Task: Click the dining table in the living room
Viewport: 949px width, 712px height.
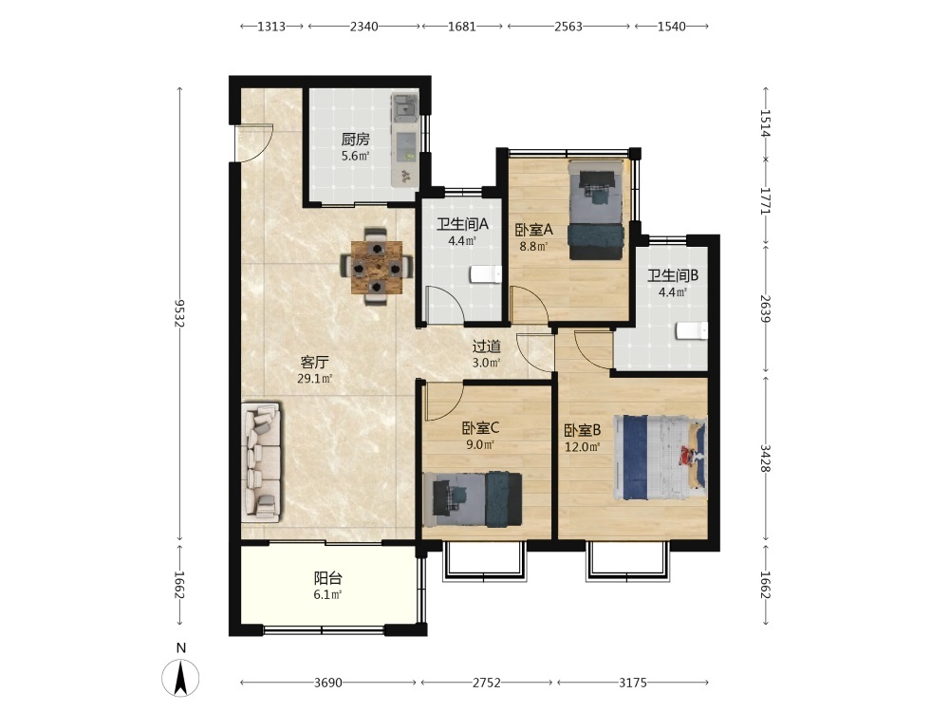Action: coord(377,267)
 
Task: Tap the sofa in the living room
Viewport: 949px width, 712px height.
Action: coord(261,462)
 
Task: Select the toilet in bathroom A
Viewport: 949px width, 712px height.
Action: coord(486,274)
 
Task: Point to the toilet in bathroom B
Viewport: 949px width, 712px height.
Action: coord(692,331)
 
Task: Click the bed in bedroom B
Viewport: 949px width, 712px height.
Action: coord(661,458)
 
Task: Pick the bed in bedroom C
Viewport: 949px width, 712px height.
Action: coord(472,499)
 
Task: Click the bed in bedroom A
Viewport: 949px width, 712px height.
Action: coord(596,210)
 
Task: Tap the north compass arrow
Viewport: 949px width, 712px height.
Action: coord(179,677)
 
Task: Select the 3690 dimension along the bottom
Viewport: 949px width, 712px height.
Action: coord(328,683)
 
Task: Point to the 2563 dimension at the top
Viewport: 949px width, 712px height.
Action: coord(568,26)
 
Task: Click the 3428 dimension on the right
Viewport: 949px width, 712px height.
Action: coord(766,459)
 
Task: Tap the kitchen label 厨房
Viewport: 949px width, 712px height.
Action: coord(355,140)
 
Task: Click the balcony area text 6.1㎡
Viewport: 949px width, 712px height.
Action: coord(327,594)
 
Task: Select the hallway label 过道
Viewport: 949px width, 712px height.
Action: coord(487,347)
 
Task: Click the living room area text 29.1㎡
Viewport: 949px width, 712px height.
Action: coord(315,379)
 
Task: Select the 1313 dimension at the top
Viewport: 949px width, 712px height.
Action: coord(271,26)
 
